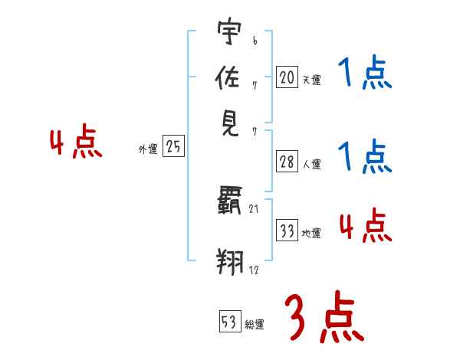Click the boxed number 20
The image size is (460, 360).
click(x=287, y=77)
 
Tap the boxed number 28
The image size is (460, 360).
click(x=287, y=162)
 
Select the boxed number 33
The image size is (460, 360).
click(x=287, y=231)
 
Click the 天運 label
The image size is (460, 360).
click(x=311, y=79)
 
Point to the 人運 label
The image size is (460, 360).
click(x=311, y=164)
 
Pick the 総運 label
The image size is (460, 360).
click(x=254, y=324)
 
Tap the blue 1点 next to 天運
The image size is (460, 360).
click(x=364, y=74)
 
